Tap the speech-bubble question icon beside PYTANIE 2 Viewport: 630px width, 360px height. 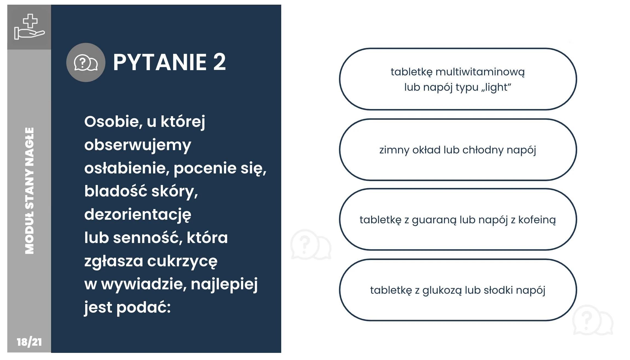click(x=86, y=62)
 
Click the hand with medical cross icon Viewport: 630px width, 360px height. click(x=29, y=27)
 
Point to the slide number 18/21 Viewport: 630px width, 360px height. click(x=29, y=342)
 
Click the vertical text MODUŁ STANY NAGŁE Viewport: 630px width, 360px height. click(x=30, y=191)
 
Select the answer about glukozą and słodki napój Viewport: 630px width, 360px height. click(x=458, y=290)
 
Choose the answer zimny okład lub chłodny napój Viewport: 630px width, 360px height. click(x=458, y=150)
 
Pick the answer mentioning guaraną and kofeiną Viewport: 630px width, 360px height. click(x=458, y=219)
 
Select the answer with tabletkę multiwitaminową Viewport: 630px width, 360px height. click(x=458, y=79)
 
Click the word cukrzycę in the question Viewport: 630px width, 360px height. click(x=182, y=262)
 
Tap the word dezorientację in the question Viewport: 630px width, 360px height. click(x=138, y=215)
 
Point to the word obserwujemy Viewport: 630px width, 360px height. click(x=138, y=145)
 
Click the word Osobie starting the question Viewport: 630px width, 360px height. click(x=113, y=122)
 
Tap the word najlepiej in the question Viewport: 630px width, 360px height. click(x=224, y=285)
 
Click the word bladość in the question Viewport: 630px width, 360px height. click(x=116, y=191)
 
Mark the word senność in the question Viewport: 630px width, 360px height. click(x=148, y=238)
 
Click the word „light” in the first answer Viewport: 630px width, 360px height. click(x=496, y=87)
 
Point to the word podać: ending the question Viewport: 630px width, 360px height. click(x=144, y=308)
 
